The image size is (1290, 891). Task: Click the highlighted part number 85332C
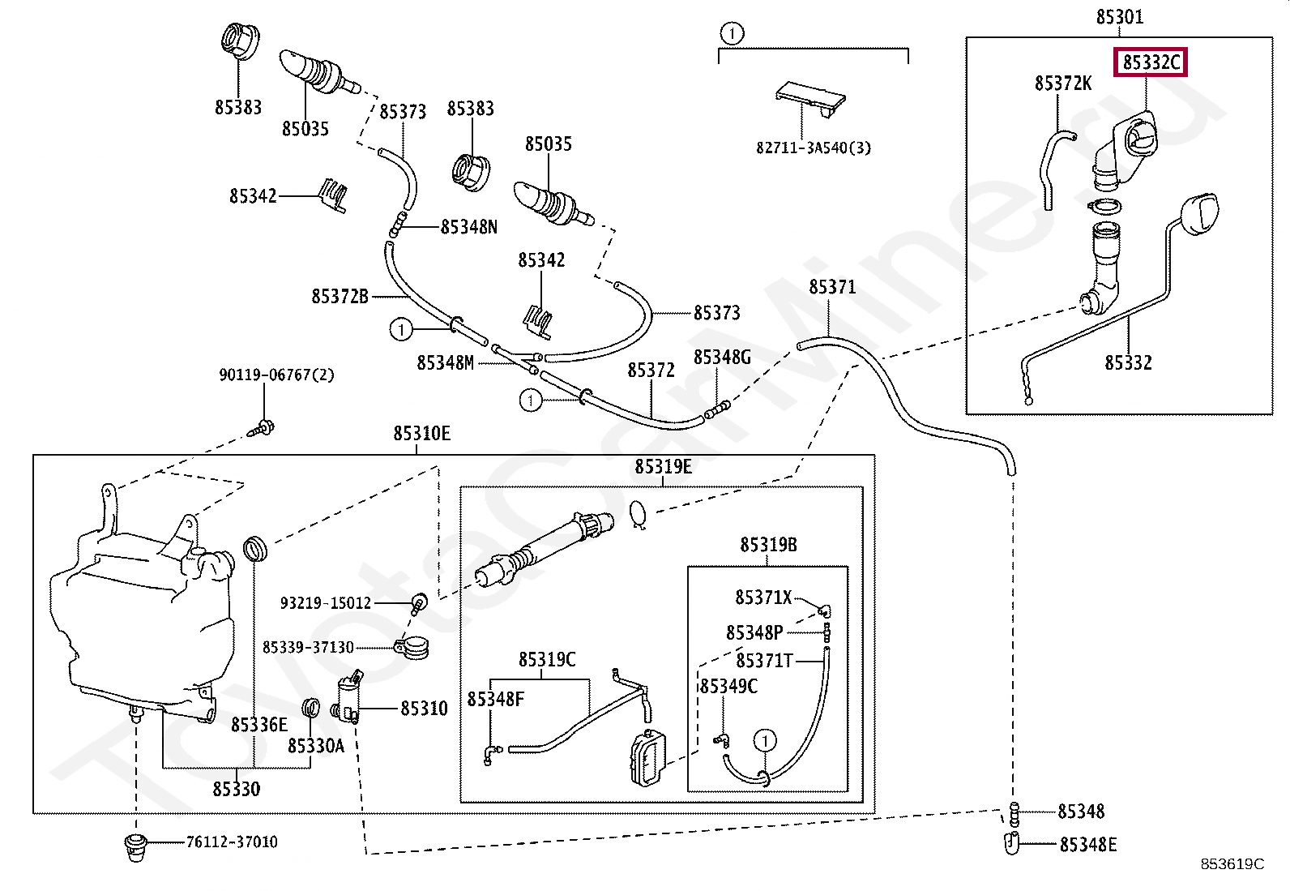(1151, 62)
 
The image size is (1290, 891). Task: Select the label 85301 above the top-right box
(1120, 17)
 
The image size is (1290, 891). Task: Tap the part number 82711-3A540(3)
(814, 148)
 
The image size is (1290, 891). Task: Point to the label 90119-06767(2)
(276, 375)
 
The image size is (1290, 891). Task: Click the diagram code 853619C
(1232, 864)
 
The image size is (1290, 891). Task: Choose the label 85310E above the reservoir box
(422, 434)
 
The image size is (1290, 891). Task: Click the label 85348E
(1088, 845)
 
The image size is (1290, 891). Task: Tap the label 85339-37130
(308, 647)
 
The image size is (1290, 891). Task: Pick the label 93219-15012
(326, 603)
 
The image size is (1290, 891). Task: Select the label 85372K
(1063, 84)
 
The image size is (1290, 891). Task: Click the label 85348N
(469, 227)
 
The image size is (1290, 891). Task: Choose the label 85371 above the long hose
(832, 287)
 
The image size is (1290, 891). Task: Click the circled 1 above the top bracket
(732, 33)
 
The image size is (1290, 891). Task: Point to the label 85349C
(728, 687)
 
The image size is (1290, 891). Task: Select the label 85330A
(316, 746)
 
